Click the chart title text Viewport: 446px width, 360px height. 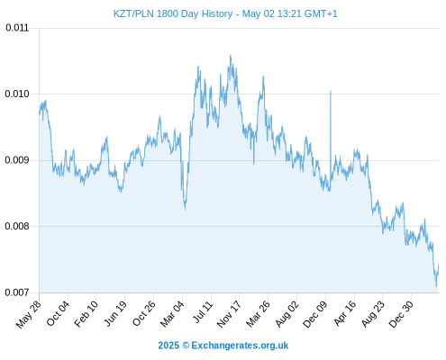pyautogui.click(x=225, y=13)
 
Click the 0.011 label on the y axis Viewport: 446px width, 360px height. pyautogui.click(x=17, y=28)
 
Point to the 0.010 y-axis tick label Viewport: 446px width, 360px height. pyautogui.click(x=17, y=94)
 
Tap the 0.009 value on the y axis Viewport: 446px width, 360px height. pyautogui.click(x=17, y=160)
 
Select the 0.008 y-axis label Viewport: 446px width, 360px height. pyautogui.click(x=17, y=226)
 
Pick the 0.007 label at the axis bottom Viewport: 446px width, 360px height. pyautogui.click(x=17, y=292)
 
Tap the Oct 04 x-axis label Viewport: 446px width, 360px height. pyautogui.click(x=58, y=313)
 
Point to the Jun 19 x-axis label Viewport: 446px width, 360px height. pyautogui.click(x=114, y=313)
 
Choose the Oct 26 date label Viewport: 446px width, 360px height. pyautogui.click(x=144, y=313)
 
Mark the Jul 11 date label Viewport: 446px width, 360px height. pyautogui.click(x=203, y=312)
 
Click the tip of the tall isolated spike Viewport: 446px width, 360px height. pyautogui.click(x=331, y=91)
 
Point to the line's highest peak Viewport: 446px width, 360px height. pyautogui.click(x=231, y=55)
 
